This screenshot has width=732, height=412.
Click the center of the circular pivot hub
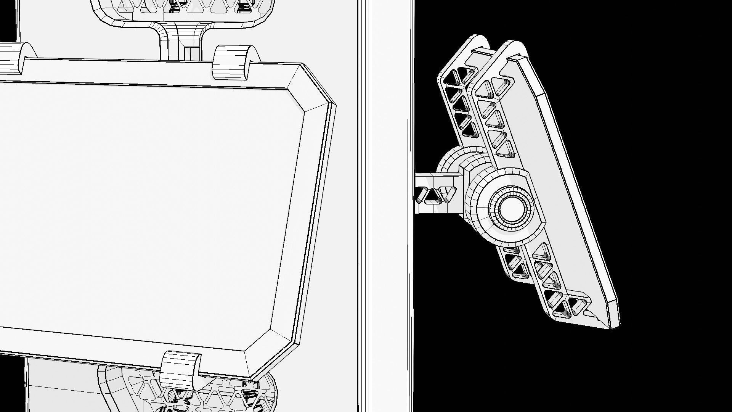point(510,208)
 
